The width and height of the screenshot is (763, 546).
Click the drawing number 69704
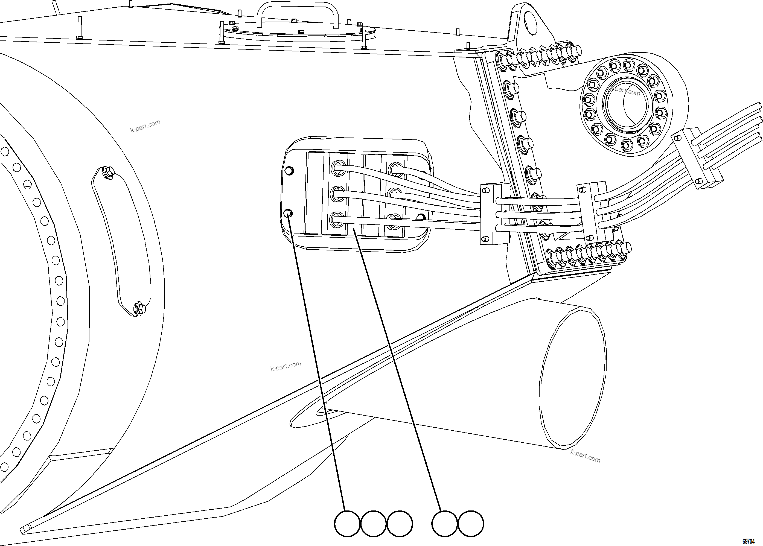pyautogui.click(x=749, y=541)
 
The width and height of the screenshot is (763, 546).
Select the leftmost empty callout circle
pyautogui.click(x=347, y=524)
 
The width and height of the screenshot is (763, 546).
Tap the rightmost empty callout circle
pyautogui.click(x=471, y=524)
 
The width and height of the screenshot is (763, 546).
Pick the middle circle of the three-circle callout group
pyautogui.click(x=373, y=524)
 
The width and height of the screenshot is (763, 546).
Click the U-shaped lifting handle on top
pyautogui.click(x=297, y=13)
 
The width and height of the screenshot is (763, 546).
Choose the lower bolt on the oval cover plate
pyautogui.click(x=139, y=308)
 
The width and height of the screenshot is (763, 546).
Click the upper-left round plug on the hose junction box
pyautogui.click(x=289, y=171)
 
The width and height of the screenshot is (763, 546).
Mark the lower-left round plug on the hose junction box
pyautogui.click(x=288, y=213)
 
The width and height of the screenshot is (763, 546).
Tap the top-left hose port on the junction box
pyautogui.click(x=338, y=168)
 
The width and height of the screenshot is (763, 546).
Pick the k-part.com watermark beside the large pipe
pyautogui.click(x=585, y=457)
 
